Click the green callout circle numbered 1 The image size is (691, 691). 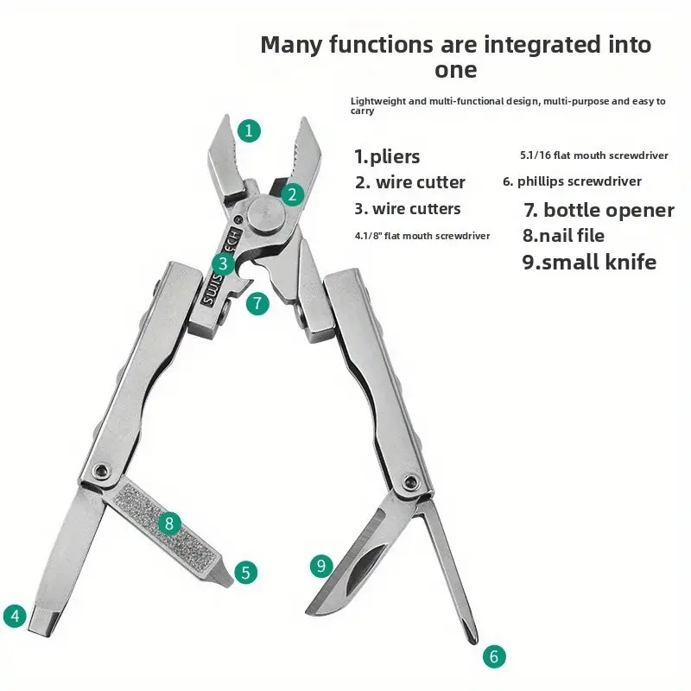tap(249, 131)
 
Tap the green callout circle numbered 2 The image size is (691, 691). tap(292, 194)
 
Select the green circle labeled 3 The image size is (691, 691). tap(223, 263)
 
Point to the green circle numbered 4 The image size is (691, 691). tap(15, 616)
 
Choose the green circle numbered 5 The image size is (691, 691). tap(245, 573)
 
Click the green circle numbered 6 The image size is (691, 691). tap(494, 656)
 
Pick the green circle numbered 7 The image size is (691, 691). tap(257, 303)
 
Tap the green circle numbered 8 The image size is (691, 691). tap(169, 523)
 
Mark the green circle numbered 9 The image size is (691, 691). tap(321, 566)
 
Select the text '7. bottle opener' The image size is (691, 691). tap(599, 210)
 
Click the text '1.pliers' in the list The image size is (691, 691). tap(387, 157)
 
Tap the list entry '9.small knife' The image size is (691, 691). tap(589, 262)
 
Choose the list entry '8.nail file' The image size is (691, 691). tap(563, 235)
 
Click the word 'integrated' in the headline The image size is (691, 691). tap(526, 45)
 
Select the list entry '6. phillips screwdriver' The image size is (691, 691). tap(572, 181)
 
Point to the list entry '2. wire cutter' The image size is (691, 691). tap(409, 182)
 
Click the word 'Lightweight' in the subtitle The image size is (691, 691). tap(378, 101)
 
